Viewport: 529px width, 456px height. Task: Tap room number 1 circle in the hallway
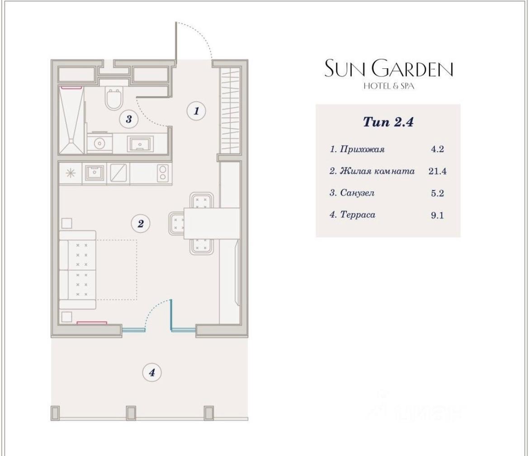[x=196, y=111]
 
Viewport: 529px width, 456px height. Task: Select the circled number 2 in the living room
[x=141, y=223]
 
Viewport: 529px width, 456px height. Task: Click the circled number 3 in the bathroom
[x=129, y=119]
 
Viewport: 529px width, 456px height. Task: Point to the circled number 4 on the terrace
[x=152, y=373]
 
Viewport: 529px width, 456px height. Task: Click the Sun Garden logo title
[x=389, y=68]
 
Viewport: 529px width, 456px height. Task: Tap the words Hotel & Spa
[x=389, y=86]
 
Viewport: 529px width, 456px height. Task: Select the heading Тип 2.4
[x=388, y=122]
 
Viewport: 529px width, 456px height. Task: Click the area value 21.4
[x=438, y=171]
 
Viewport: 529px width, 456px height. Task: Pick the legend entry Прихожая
[x=362, y=150]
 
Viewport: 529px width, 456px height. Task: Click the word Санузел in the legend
[x=357, y=193]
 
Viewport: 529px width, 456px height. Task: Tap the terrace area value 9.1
[x=437, y=215]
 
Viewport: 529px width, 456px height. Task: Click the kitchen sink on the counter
[x=94, y=172]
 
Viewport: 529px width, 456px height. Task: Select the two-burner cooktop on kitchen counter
[x=163, y=173]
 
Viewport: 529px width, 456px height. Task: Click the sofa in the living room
[x=78, y=270]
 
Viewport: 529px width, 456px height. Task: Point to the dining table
[x=212, y=223]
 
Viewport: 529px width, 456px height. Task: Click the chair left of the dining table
[x=176, y=223]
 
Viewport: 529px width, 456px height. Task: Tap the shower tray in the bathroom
[x=71, y=120]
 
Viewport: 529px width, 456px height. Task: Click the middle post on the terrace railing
[x=131, y=413]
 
